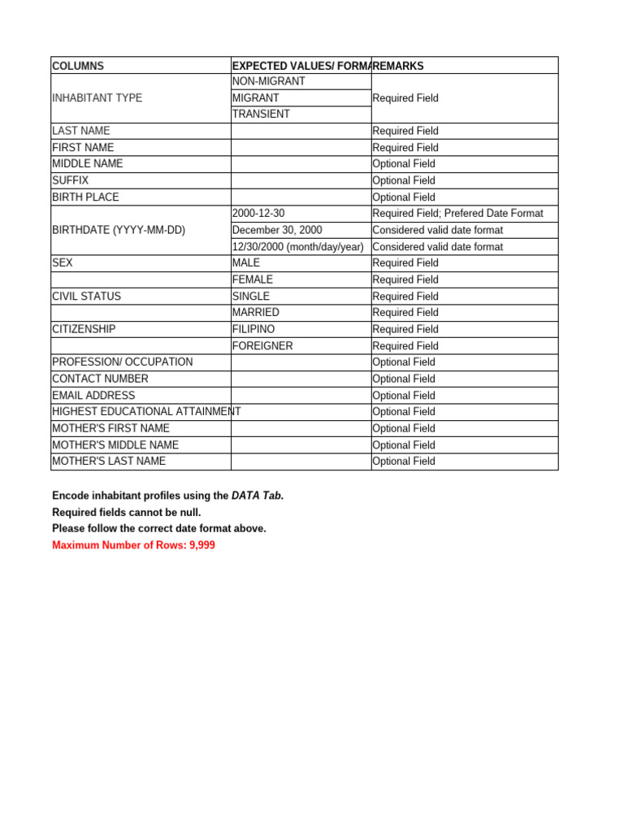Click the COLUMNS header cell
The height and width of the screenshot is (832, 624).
tap(78, 66)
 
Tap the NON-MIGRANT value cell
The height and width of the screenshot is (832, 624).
tap(268, 82)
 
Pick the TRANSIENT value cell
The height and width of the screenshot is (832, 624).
tap(261, 115)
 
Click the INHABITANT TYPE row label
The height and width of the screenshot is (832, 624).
tap(97, 98)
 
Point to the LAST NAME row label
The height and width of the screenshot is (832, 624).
tap(81, 131)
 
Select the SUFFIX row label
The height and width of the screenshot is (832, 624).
tap(71, 180)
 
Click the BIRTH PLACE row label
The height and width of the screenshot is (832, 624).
tap(85, 197)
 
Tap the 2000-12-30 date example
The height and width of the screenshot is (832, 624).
tap(258, 214)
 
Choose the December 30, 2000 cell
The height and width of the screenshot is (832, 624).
tap(277, 230)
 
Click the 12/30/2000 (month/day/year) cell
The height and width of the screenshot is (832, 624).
tap(297, 247)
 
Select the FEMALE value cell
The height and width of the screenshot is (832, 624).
tap(252, 279)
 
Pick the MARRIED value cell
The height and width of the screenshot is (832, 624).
tap(255, 313)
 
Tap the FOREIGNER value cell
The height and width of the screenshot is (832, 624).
tap(262, 346)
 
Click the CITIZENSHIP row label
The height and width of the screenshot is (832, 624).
tap(84, 329)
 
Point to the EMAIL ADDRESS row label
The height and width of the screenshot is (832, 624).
tap(93, 396)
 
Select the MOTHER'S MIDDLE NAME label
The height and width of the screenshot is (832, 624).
tap(115, 445)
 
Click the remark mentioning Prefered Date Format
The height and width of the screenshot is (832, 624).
tap(457, 214)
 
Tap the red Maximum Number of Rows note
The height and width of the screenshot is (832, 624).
tap(133, 545)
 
